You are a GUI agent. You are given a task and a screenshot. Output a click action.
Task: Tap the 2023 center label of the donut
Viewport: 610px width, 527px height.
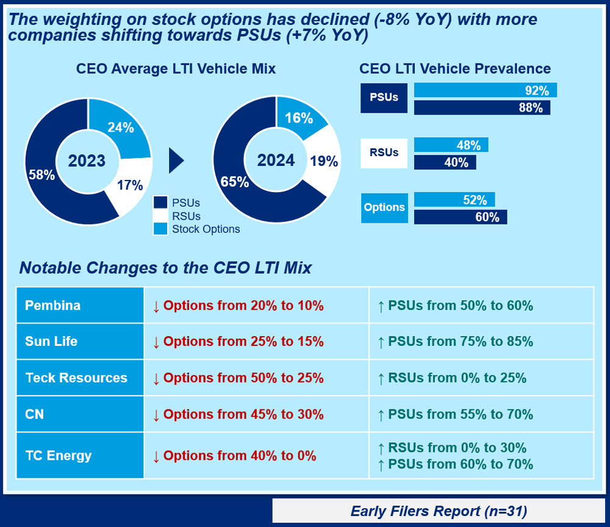[x=87, y=161]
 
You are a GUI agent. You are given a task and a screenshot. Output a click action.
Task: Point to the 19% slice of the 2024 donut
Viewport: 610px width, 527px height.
[x=323, y=162]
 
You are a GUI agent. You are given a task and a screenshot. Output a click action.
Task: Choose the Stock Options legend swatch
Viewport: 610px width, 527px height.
[x=160, y=229]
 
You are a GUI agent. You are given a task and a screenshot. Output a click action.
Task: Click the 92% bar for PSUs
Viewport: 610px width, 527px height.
[x=485, y=91]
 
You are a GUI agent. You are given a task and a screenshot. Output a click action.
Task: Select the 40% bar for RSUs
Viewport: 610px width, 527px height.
[x=445, y=162]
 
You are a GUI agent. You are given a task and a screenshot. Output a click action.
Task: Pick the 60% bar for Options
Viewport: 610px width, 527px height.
[x=460, y=217]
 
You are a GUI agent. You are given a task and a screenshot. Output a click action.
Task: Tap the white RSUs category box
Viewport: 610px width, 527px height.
[x=384, y=153]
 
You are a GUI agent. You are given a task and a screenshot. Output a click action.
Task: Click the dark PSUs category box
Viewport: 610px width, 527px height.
[x=384, y=98]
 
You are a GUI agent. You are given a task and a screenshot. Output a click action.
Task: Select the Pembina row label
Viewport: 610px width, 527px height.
[x=53, y=306]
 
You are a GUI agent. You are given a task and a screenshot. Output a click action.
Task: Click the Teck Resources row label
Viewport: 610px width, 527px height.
[x=76, y=378]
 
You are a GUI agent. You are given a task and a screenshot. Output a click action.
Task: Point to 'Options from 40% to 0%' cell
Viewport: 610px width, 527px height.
[x=240, y=456]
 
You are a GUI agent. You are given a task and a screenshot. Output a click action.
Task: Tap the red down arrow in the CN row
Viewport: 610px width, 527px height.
[x=156, y=415]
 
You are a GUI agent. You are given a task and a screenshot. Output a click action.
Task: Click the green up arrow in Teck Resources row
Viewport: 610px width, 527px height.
[x=381, y=378]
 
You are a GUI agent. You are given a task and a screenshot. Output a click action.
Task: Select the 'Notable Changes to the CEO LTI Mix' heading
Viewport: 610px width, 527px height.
[x=165, y=268]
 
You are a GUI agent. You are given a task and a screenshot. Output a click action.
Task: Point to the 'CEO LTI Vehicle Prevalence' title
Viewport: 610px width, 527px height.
[x=455, y=68]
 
